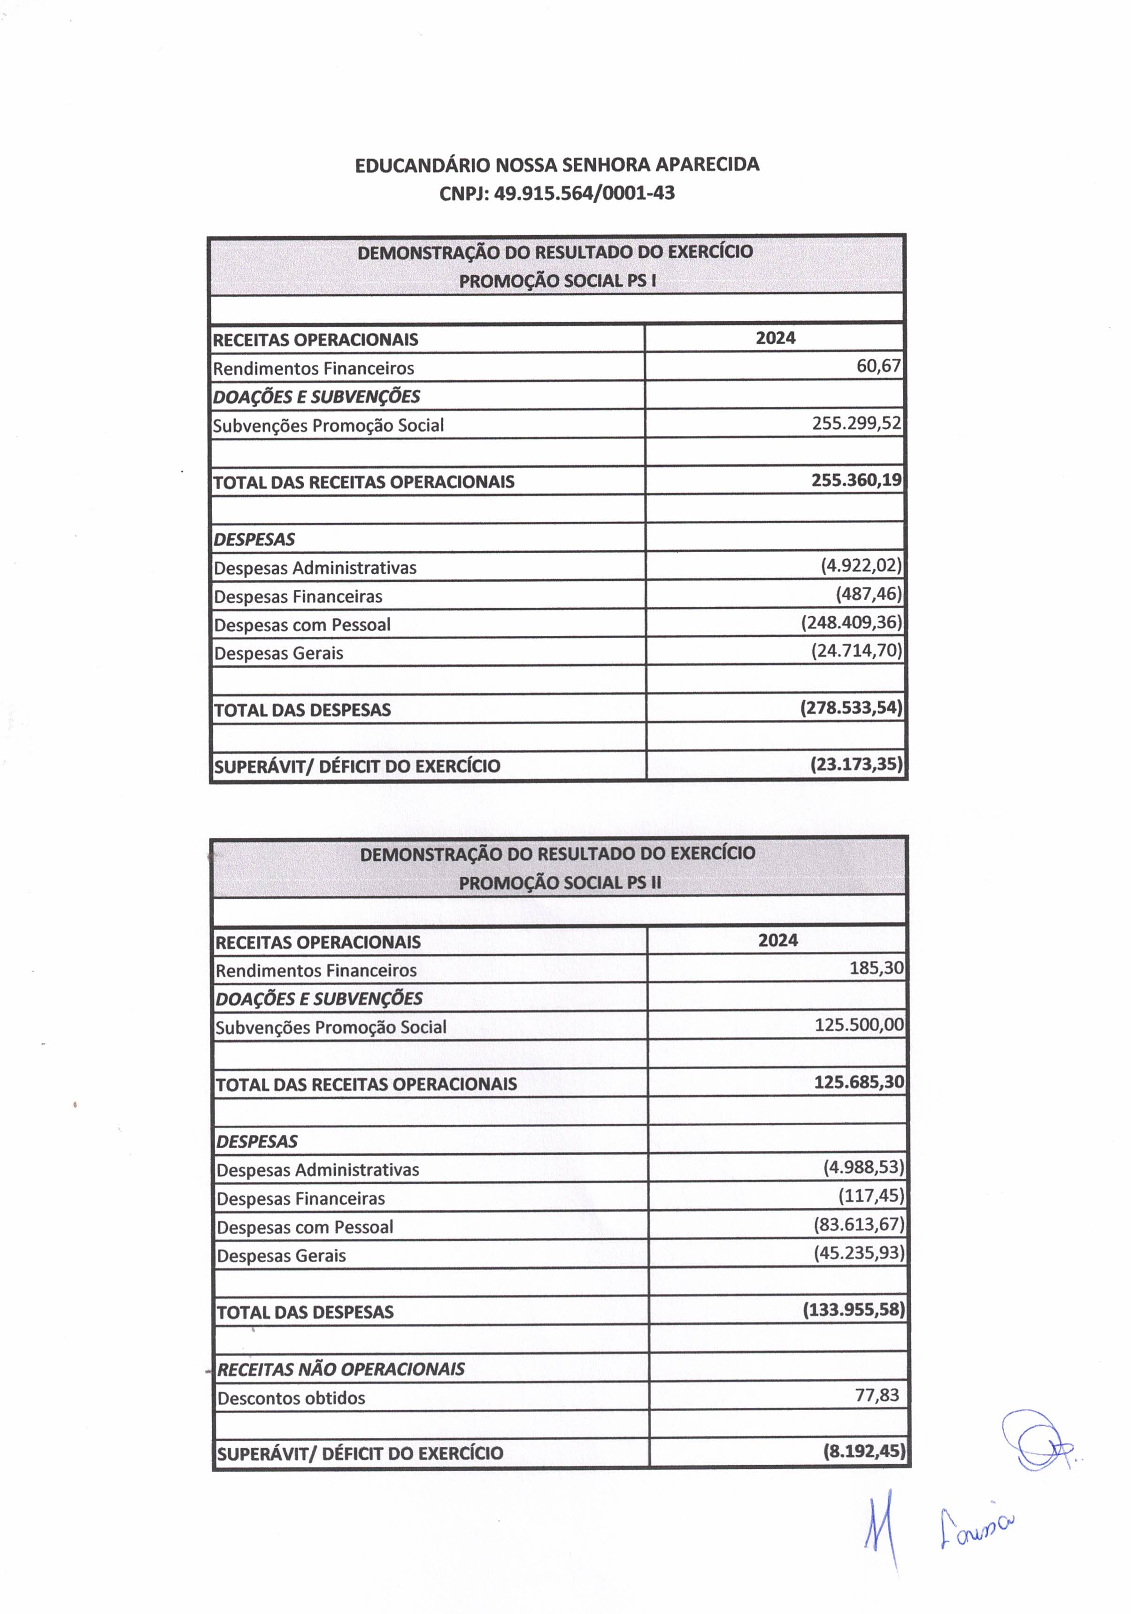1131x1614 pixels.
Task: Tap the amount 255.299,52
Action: [x=856, y=423]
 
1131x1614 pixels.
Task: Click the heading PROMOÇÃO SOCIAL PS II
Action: [x=560, y=883]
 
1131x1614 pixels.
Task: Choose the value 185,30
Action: [x=876, y=968]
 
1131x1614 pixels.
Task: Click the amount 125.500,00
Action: [x=859, y=1025]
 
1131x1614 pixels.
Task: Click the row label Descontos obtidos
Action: [x=291, y=1398]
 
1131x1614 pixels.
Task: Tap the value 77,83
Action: [x=877, y=1395]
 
